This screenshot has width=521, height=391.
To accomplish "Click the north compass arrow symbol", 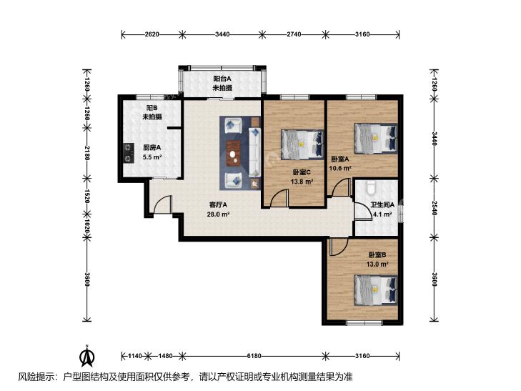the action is point(87,356).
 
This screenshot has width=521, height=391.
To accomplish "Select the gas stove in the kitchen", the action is point(128,153).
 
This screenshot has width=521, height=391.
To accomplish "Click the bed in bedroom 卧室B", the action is point(376,289).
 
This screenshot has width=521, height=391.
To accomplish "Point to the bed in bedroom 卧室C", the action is point(302,144).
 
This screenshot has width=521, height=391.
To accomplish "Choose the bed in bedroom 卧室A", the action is point(376,139).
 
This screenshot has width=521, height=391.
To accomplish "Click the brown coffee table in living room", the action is point(234,154).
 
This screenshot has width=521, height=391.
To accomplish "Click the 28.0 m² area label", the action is point(218,214).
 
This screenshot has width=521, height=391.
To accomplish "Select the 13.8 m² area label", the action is point(302,182).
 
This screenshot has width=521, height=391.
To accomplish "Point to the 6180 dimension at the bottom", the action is point(254,356).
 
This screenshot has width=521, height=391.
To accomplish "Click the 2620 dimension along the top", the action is point(152,34).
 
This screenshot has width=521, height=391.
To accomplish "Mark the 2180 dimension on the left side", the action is point(87,153).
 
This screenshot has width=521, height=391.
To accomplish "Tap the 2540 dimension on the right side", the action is point(434,208).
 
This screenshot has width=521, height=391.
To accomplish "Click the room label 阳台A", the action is point(222,79).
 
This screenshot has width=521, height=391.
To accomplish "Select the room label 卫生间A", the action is point(383,205).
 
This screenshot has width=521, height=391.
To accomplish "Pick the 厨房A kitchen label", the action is point(152,147).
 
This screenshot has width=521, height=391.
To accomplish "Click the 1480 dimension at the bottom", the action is point(165,356).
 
